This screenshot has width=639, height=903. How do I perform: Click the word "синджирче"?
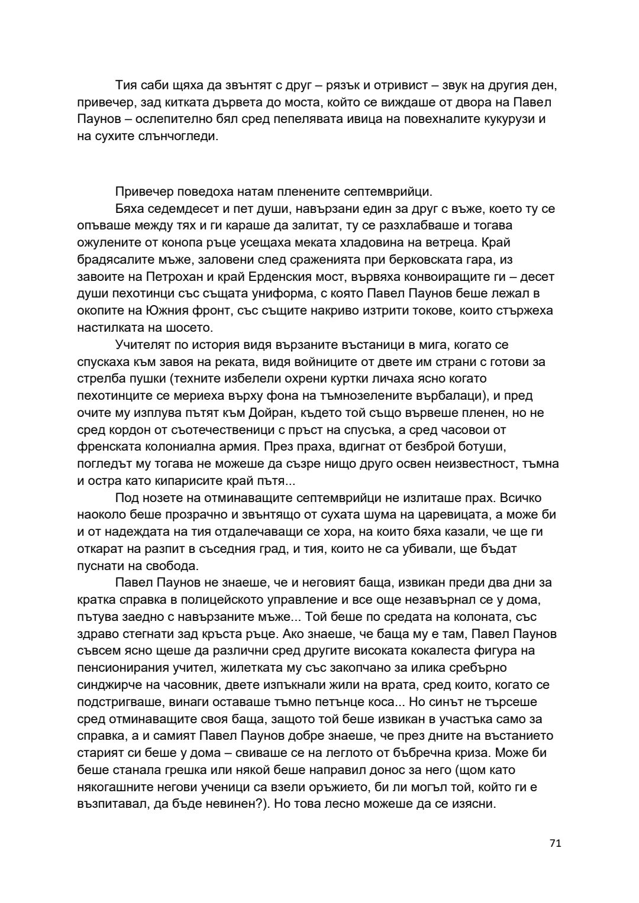click(108, 685)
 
